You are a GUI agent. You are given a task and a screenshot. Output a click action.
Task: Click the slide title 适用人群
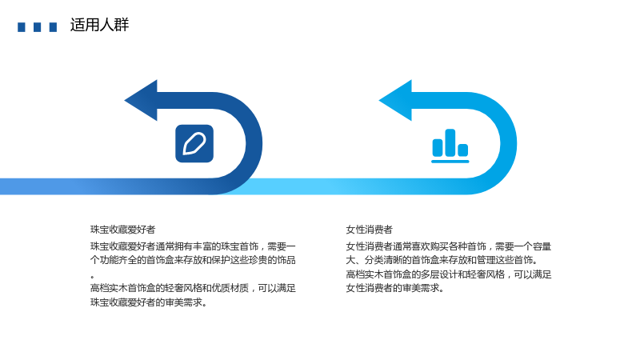tap(99, 25)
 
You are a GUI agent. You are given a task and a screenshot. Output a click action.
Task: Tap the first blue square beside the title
tap(22, 27)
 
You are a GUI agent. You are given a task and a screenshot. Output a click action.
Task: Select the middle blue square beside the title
tap(37, 27)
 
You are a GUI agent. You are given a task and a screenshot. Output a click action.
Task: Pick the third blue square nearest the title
tap(53, 27)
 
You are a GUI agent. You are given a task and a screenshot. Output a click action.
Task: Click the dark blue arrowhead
tap(142, 101)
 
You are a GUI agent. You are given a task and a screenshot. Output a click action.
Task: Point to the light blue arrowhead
tap(396, 101)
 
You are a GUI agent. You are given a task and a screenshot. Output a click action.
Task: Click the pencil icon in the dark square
tap(194, 144)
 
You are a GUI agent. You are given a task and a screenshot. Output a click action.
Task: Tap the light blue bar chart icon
tap(450, 146)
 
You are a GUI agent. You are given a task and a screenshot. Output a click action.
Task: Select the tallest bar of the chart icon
tap(450, 142)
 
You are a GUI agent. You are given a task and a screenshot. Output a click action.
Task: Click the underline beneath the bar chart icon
tap(450, 162)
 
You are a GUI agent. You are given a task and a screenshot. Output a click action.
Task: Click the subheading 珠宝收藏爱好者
tap(123, 230)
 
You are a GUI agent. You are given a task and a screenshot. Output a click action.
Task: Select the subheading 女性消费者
tap(369, 230)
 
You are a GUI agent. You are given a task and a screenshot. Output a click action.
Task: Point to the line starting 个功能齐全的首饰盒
tap(193, 260)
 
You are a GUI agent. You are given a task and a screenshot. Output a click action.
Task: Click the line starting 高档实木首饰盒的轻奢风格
tap(193, 288)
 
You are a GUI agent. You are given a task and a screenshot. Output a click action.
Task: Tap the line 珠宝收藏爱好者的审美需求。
tap(149, 302)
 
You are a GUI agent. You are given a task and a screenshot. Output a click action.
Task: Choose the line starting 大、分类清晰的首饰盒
tap(442, 260)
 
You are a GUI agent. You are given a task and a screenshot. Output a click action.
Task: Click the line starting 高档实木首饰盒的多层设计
tap(449, 274)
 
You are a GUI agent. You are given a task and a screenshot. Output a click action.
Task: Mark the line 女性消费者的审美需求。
tap(394, 288)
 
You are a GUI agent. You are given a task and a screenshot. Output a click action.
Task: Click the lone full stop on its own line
tap(93, 277)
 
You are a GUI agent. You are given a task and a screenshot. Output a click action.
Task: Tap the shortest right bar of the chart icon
tap(463, 150)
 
